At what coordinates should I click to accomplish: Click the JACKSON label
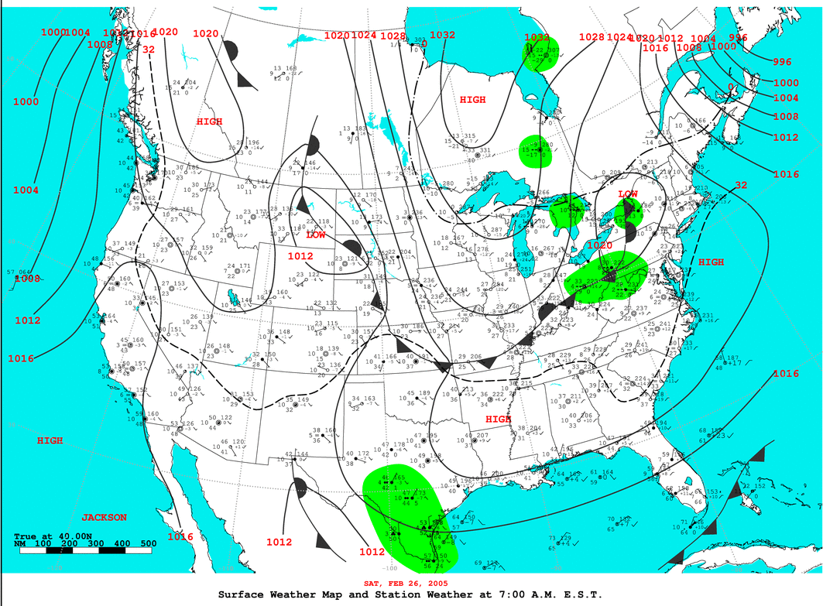(105, 517)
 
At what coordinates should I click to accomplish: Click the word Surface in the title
(242, 594)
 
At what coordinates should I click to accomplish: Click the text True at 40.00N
(45, 536)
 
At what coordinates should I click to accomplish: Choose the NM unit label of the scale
(21, 544)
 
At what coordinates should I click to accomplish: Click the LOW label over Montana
(316, 235)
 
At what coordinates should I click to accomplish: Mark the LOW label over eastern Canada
(628, 193)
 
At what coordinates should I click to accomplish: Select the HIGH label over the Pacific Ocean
(50, 440)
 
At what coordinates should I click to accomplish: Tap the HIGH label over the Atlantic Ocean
(711, 262)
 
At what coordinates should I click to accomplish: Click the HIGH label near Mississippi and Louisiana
(499, 419)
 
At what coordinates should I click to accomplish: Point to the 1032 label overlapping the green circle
(537, 38)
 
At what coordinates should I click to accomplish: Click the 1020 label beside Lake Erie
(601, 245)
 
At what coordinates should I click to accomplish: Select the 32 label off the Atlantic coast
(741, 185)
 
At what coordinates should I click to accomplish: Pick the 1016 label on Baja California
(180, 536)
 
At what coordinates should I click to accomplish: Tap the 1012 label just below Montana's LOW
(300, 256)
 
